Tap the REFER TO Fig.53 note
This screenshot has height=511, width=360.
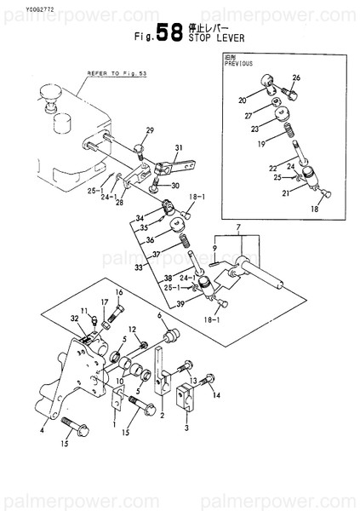click(110, 74)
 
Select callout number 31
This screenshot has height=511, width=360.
click(180, 148)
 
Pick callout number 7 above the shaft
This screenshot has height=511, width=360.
click(239, 228)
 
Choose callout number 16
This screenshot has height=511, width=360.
click(118, 293)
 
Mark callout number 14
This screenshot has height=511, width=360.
click(215, 395)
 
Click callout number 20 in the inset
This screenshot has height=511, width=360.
click(243, 99)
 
